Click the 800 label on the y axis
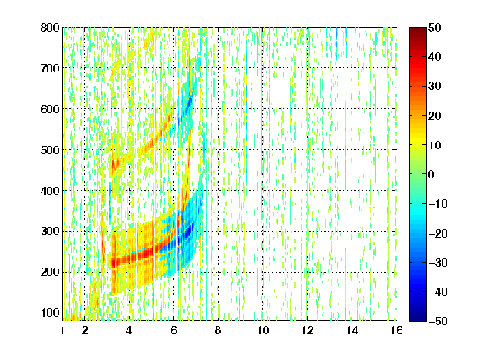(50, 27)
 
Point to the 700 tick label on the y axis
(50, 68)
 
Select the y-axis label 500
(50, 150)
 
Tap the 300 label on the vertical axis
(50, 232)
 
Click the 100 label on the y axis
(50, 312)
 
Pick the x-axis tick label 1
(62, 330)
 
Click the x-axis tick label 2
(84, 330)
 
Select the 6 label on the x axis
(173, 330)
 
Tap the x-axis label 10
(262, 330)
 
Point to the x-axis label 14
(352, 330)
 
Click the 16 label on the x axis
(397, 330)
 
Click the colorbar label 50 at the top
(435, 27)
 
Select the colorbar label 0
(432, 174)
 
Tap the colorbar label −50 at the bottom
(438, 321)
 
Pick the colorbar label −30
(438, 262)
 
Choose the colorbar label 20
(435, 116)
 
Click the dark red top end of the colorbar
(417, 29)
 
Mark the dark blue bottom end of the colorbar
(417, 319)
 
